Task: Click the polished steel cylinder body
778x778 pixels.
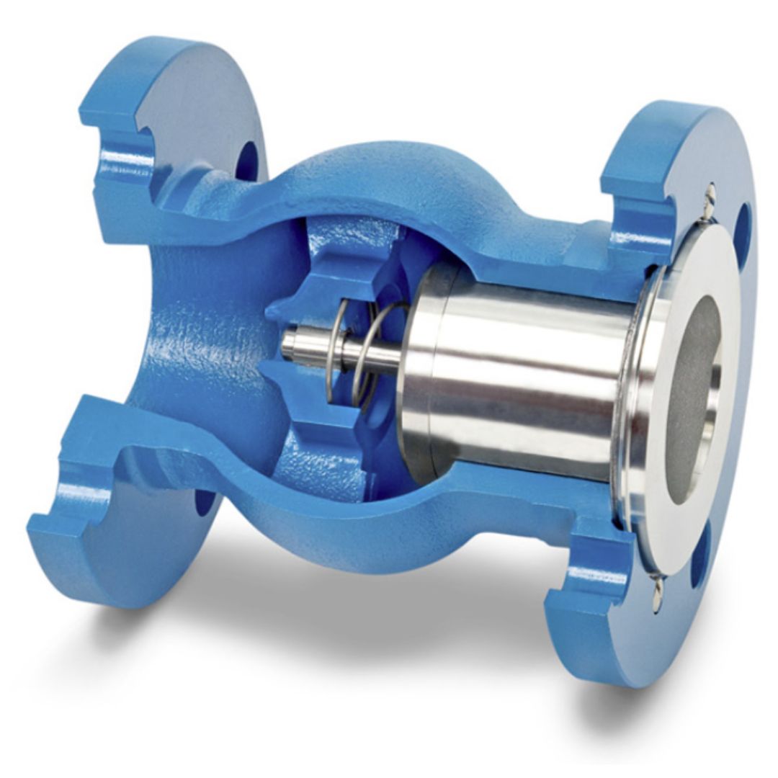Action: tap(519, 375)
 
